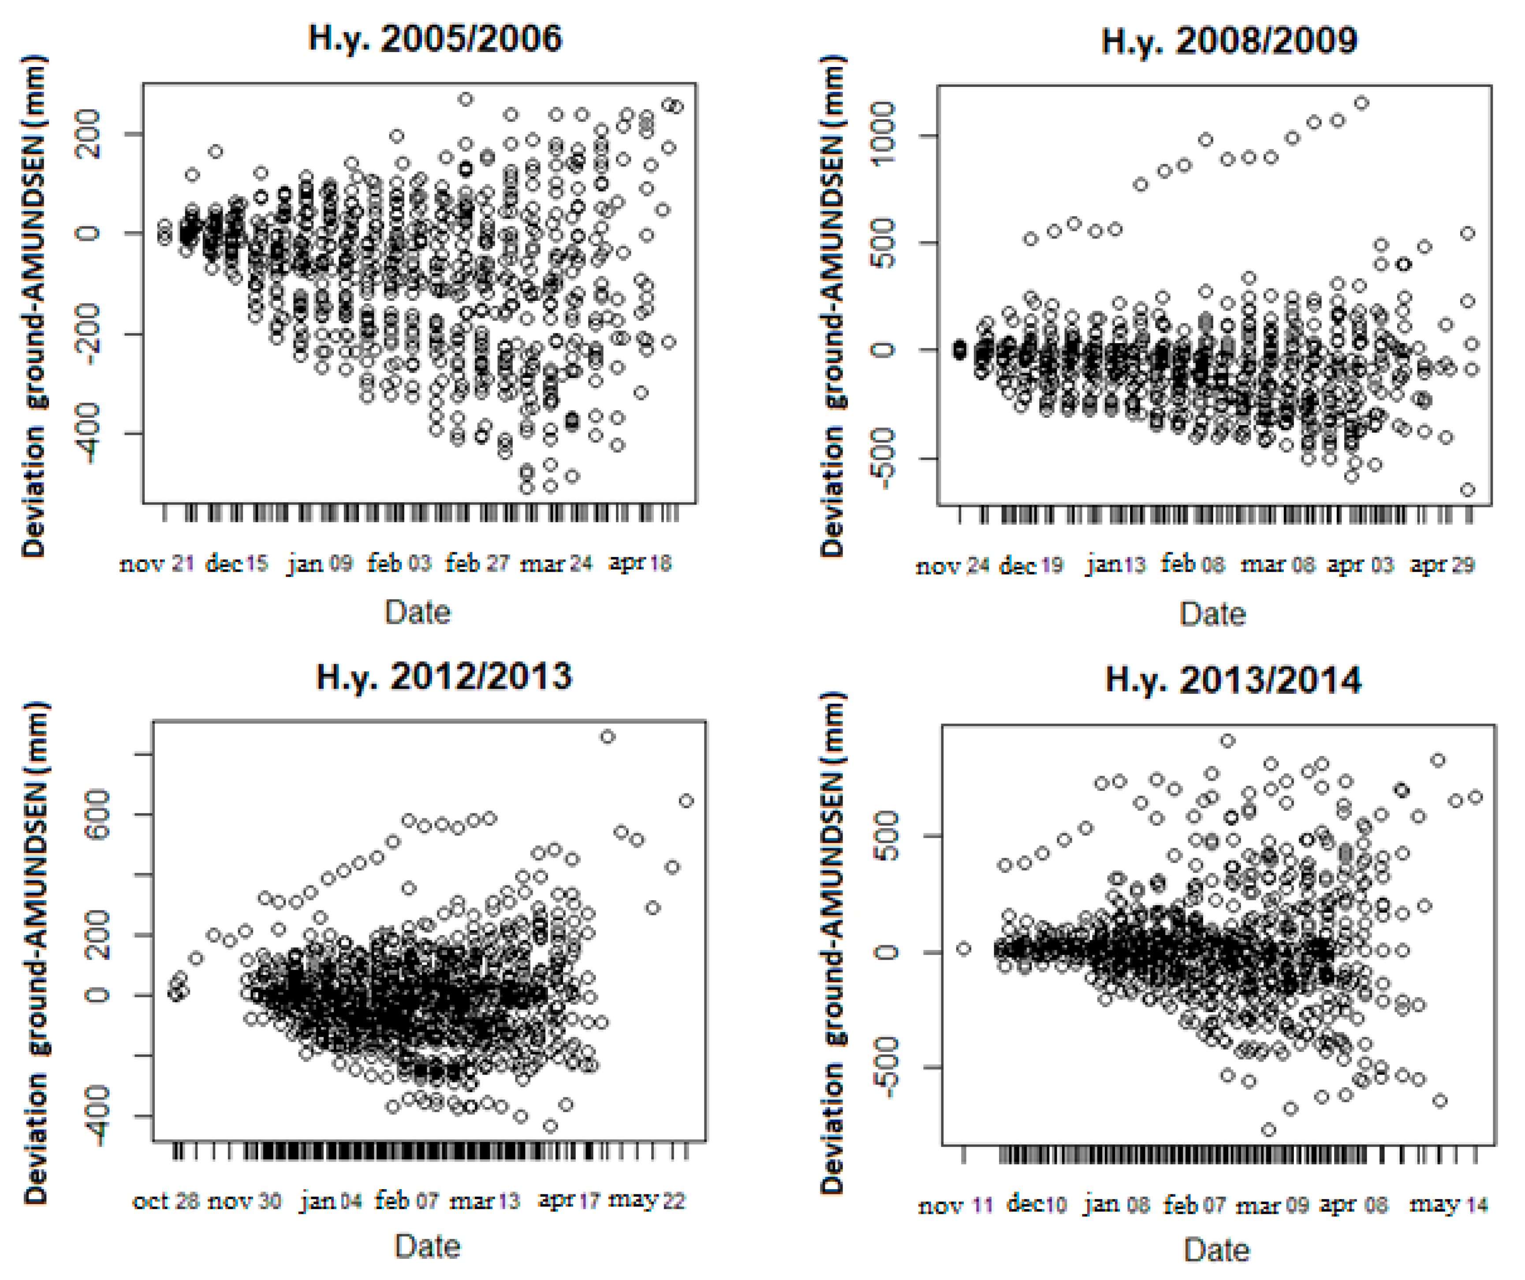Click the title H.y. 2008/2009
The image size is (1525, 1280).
pyautogui.click(x=1229, y=41)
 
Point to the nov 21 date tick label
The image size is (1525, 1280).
pyautogui.click(x=156, y=563)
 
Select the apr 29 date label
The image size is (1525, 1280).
pyautogui.click(x=1442, y=565)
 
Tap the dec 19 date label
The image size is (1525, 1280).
pyautogui.click(x=1031, y=565)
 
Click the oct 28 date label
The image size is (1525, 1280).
pyautogui.click(x=166, y=1201)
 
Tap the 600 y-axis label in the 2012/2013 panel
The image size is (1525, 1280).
pyautogui.click(x=97, y=814)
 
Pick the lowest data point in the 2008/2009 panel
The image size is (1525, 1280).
pyautogui.click(x=1468, y=490)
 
